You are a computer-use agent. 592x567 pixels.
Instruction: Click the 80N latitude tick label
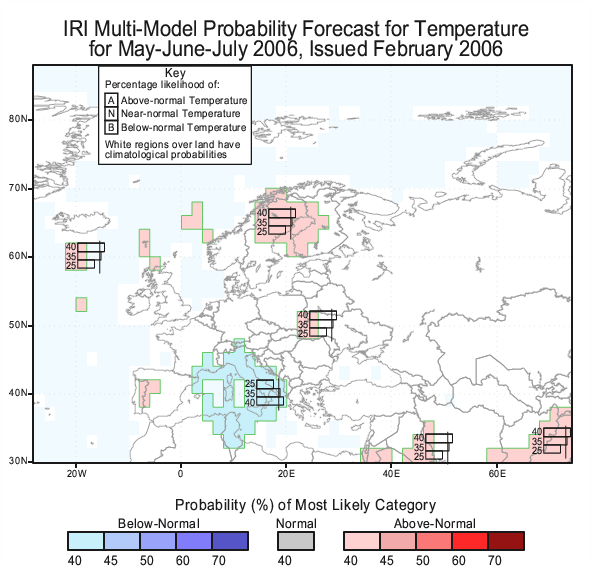18,119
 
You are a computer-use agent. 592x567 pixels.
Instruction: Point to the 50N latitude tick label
18,325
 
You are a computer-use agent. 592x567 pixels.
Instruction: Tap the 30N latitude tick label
18,461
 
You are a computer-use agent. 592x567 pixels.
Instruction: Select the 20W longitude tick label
77,474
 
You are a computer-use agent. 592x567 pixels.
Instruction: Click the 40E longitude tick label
391,474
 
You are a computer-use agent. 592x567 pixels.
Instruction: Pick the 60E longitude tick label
497,474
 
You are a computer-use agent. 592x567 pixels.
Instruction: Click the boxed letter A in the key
111,100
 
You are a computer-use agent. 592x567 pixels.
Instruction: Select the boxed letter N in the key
111,114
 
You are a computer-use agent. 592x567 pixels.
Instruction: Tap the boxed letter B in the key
111,127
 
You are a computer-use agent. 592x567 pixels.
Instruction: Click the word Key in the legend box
175,73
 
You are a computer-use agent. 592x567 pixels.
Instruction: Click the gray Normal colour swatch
296,541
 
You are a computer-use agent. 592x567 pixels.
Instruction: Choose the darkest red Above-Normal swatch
506,541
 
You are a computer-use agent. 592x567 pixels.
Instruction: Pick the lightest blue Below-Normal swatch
86,541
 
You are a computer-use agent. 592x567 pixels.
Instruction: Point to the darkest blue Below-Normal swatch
230,541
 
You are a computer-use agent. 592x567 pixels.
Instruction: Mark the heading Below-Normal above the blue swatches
159,524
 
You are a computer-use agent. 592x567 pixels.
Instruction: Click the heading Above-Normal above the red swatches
435,524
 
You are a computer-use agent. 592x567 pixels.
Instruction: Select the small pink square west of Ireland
81,305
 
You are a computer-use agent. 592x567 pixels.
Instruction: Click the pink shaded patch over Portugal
148,390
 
